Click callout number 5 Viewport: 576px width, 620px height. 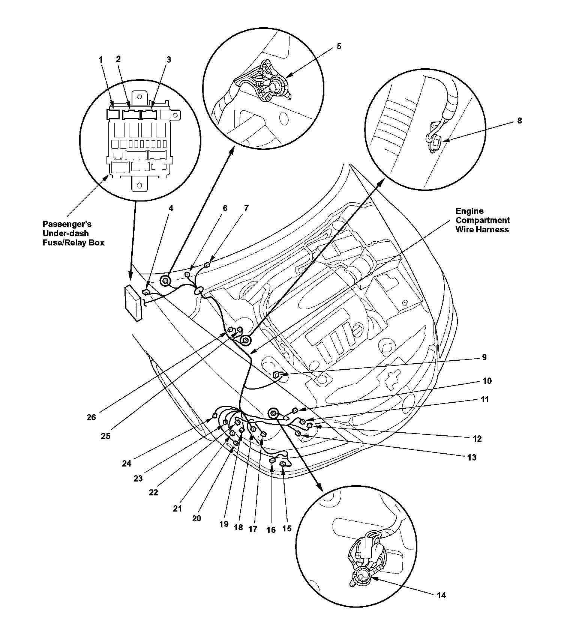(339, 47)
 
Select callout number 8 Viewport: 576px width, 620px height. (519, 121)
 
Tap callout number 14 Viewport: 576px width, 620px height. (441, 595)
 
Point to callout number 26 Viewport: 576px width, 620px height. (91, 417)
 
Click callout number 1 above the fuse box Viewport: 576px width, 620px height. (100, 60)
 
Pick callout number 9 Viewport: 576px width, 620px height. (484, 357)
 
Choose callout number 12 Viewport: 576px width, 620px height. (477, 438)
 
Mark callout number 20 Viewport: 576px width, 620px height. (196, 518)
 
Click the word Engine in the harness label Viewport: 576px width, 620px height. (469, 211)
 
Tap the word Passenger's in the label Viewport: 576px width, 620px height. (67, 224)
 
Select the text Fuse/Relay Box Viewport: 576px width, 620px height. (73, 242)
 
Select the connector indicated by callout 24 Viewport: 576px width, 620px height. (215, 415)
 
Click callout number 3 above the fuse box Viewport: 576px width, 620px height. (169, 60)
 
